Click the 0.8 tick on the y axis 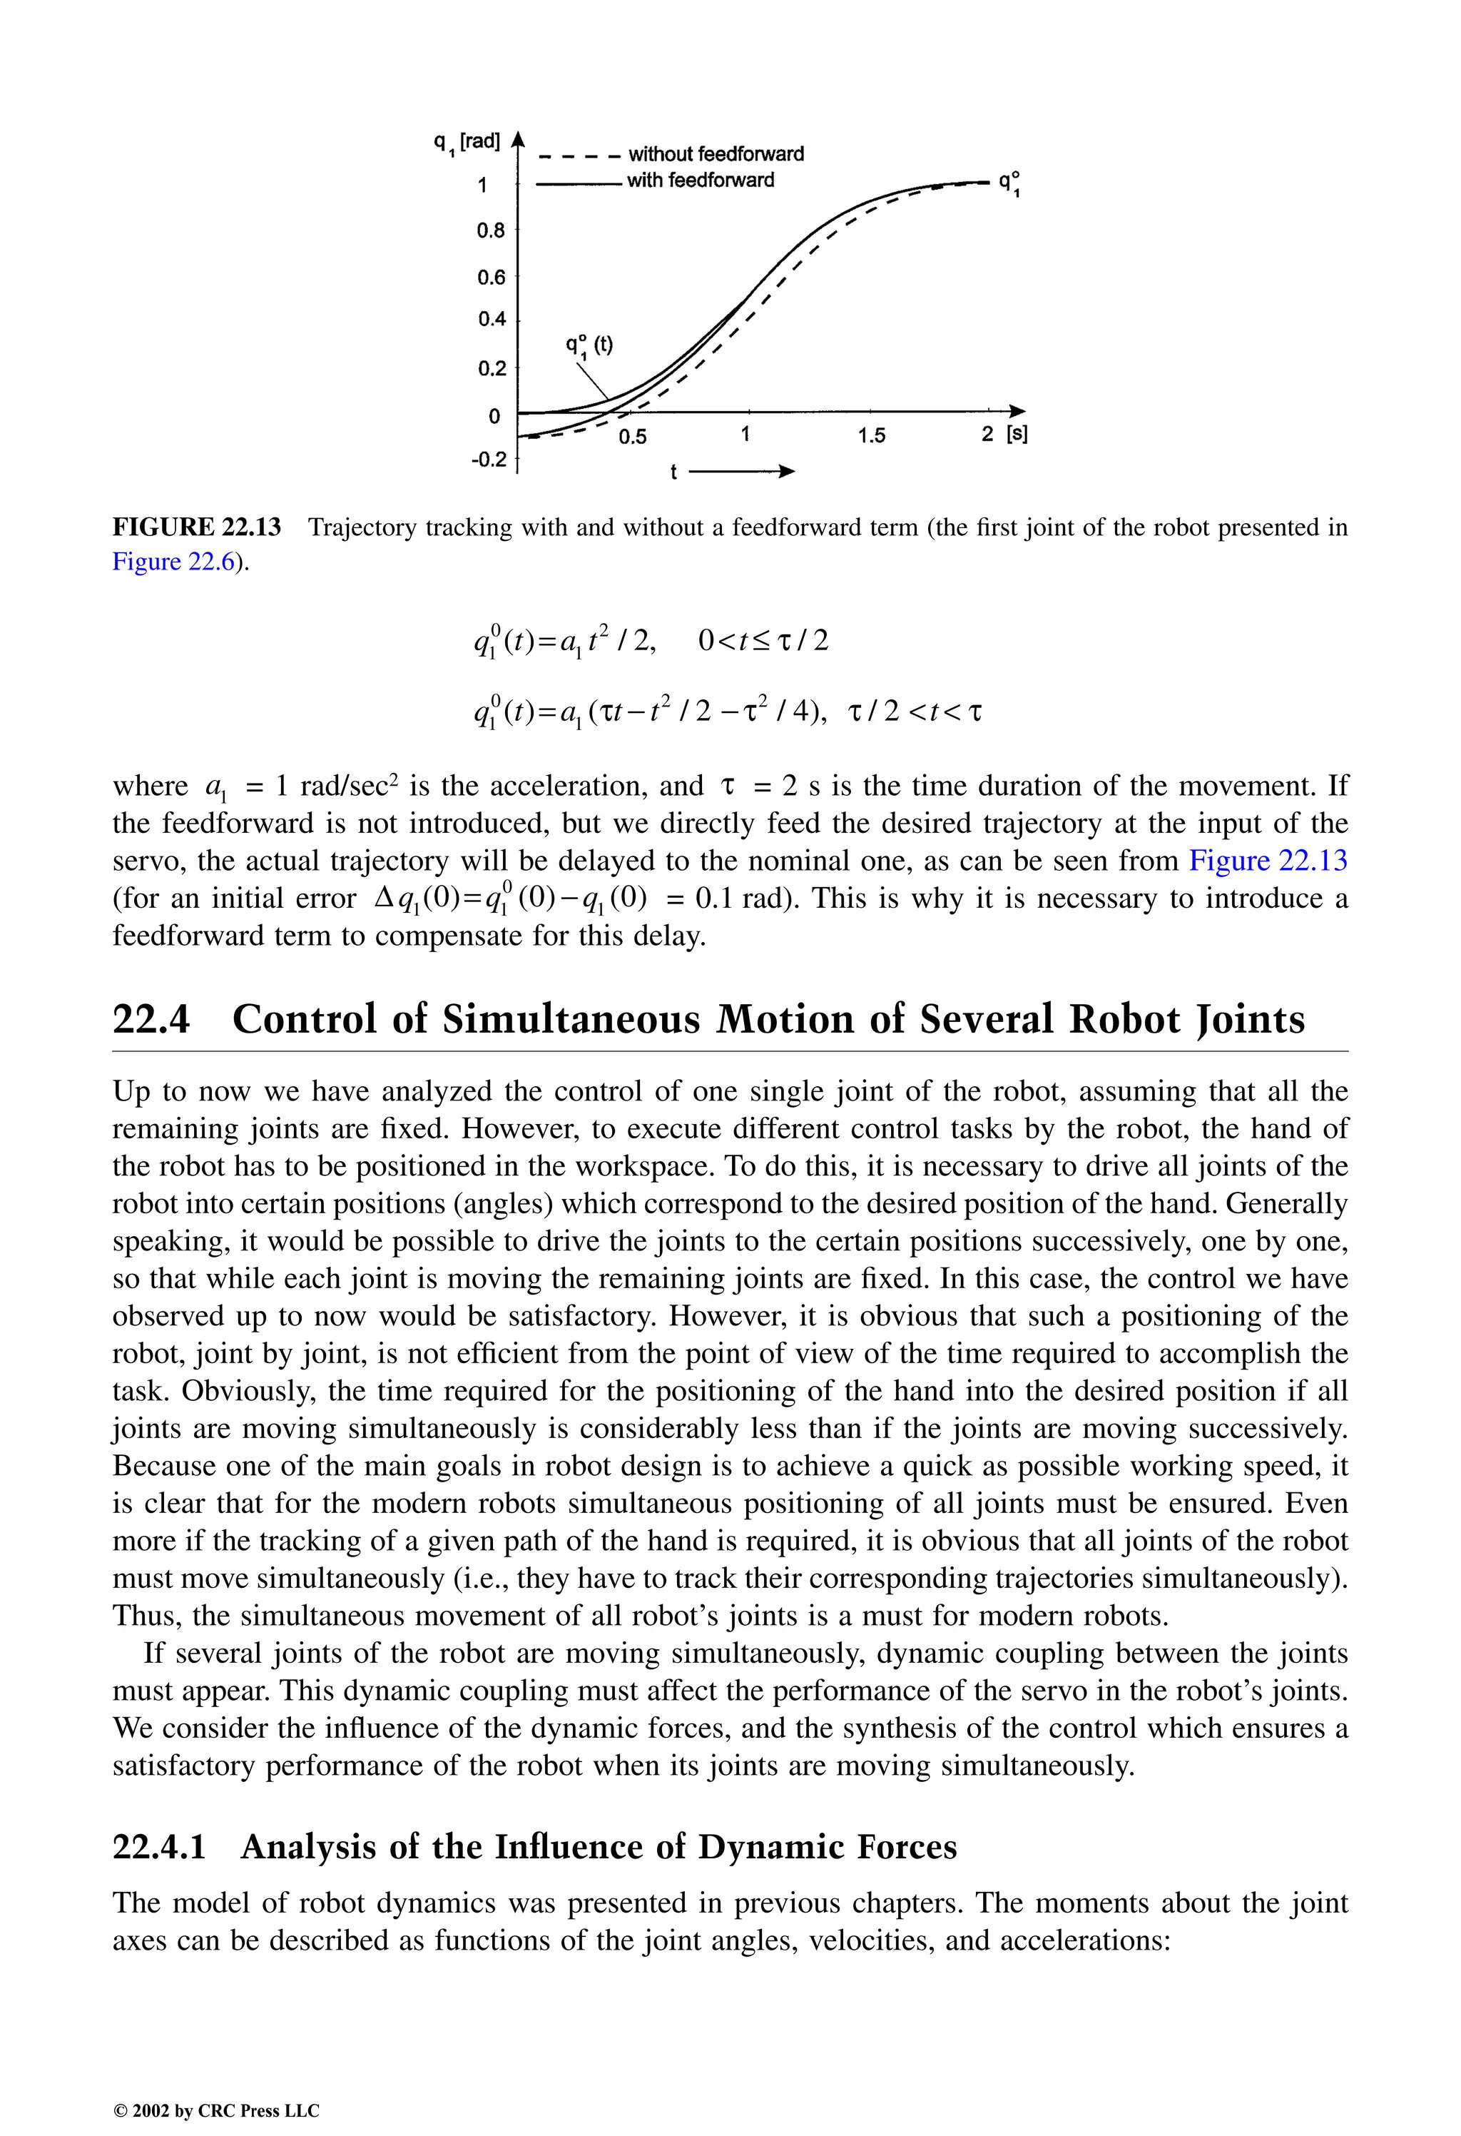point(492,230)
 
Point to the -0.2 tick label point(489,459)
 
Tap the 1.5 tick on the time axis point(871,435)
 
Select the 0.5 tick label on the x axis point(632,437)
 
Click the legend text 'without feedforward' point(716,153)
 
